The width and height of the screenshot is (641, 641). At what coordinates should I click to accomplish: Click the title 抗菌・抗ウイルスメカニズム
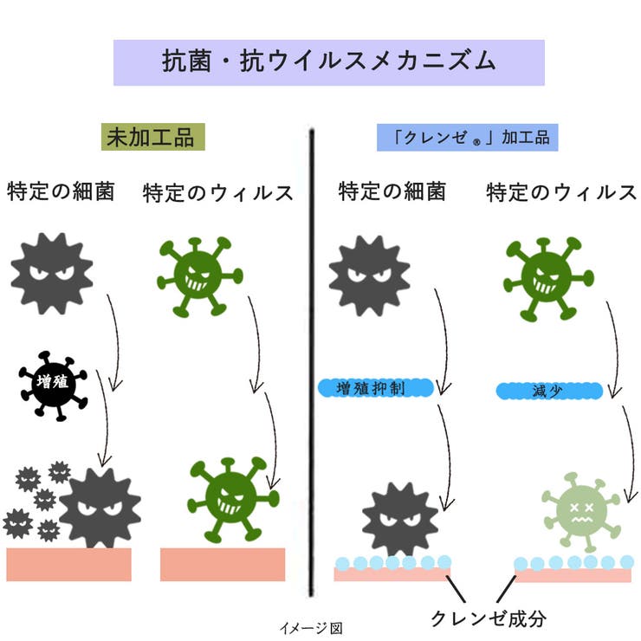pyautogui.click(x=328, y=62)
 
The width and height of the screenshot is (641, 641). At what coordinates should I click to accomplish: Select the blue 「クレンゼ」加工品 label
pyautogui.click(x=467, y=138)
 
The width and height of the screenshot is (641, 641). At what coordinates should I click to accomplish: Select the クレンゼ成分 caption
pyautogui.click(x=489, y=618)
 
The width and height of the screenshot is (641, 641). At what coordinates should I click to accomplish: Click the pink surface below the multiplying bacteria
pyautogui.click(x=68, y=564)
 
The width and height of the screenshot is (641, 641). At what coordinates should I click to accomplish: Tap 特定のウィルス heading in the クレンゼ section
pyautogui.click(x=561, y=192)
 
